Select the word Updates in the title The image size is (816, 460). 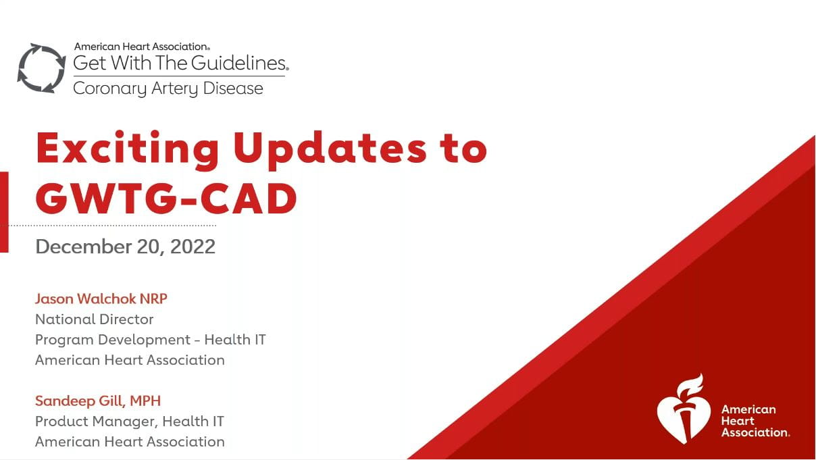330,150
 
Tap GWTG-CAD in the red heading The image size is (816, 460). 166,199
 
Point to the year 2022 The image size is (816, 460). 193,247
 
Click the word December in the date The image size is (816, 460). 83,247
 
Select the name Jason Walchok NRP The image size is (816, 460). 101,299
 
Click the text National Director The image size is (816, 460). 95,320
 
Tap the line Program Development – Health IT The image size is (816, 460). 151,340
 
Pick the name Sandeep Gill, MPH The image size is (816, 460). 98,401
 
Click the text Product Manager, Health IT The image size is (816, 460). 130,421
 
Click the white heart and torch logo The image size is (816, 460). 684,410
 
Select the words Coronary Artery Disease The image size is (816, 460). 168,88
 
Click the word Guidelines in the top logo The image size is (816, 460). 239,63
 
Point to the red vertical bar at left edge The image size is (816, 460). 4,211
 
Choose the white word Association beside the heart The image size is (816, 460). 755,432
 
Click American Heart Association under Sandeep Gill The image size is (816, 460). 130,442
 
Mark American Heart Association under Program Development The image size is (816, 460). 130,360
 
